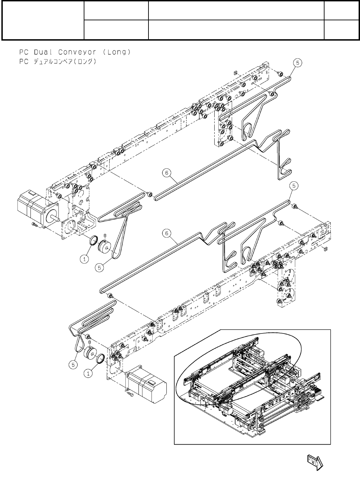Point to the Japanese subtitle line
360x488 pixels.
pos(57,62)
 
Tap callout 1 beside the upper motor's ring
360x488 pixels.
pos(85,259)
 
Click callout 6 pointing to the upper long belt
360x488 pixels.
pos(167,173)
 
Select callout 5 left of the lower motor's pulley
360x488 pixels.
pos(73,365)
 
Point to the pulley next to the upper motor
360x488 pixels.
pos(104,246)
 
